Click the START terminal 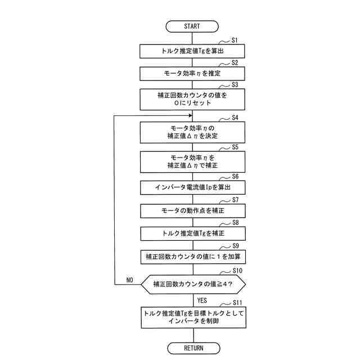click(192, 26)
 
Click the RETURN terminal click(193, 348)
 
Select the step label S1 click(235, 40)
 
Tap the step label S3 click(235, 84)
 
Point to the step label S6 click(235, 176)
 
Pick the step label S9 click(235, 246)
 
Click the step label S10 click(237, 271)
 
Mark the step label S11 click(237, 303)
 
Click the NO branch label click(129, 280)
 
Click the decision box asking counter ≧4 click(193, 284)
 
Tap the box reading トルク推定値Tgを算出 click(193, 51)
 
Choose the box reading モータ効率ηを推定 click(193, 73)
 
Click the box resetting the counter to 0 click(193, 100)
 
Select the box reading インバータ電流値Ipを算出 click(193, 187)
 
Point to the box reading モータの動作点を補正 click(193, 210)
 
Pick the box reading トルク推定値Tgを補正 click(193, 233)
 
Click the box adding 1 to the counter click(193, 256)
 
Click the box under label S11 click(193, 318)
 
